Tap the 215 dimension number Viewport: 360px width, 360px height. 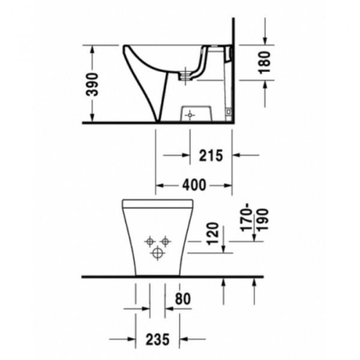(x=211, y=155)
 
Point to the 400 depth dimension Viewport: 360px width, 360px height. (x=194, y=185)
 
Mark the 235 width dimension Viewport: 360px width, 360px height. (x=158, y=339)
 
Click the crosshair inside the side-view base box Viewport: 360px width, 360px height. (x=190, y=115)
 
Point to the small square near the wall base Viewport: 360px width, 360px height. (x=229, y=112)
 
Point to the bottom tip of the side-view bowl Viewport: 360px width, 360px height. (x=158, y=122)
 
